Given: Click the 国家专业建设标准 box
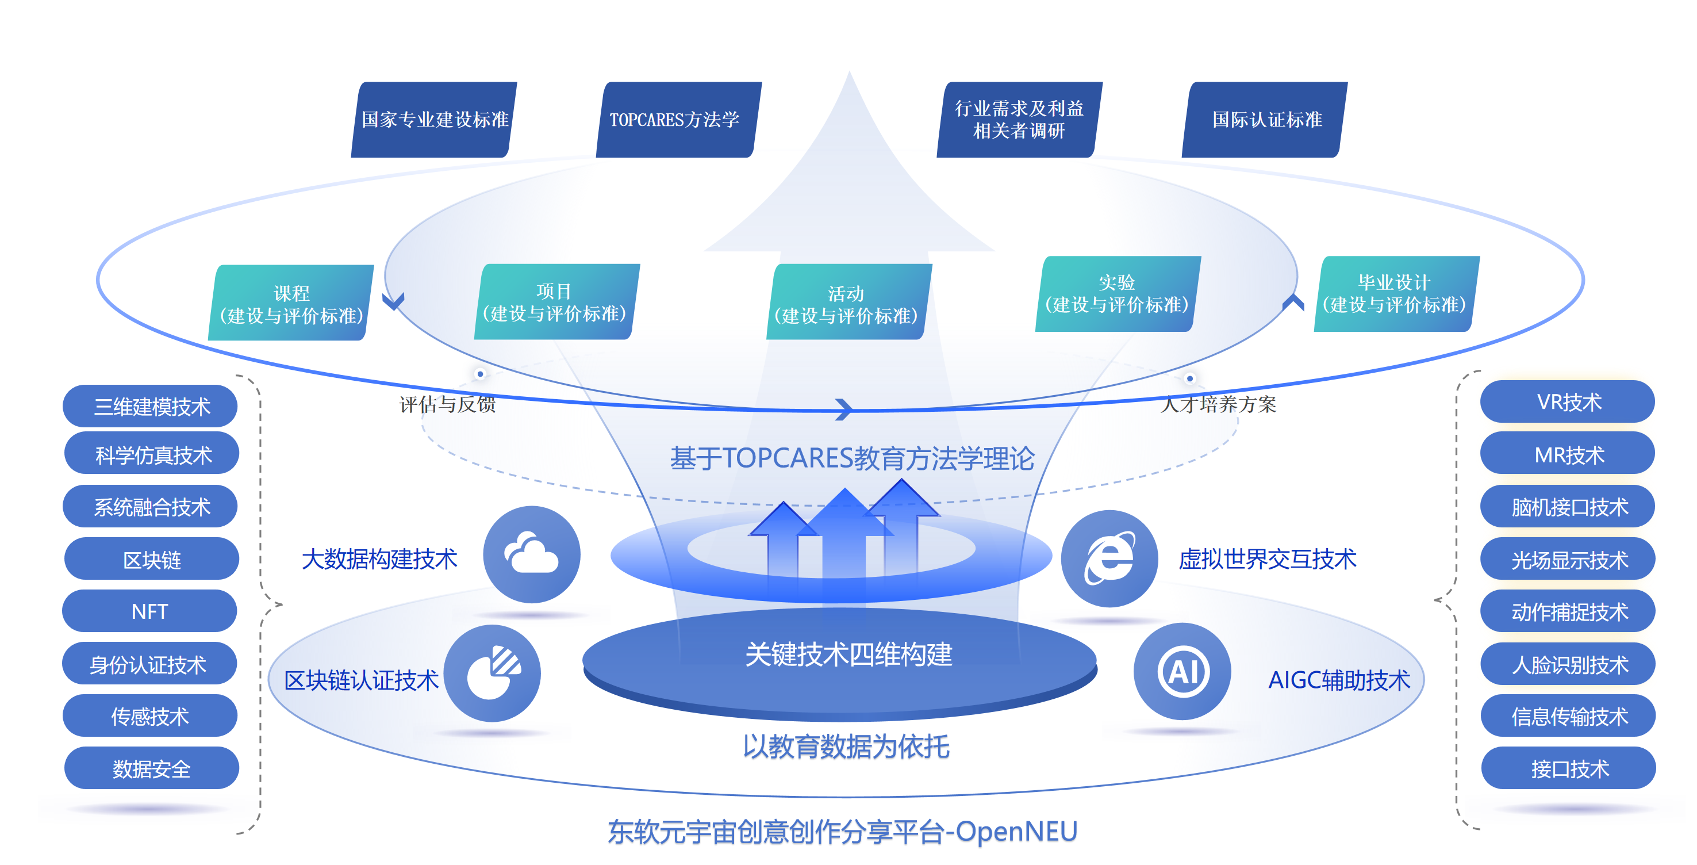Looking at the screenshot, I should (434, 119).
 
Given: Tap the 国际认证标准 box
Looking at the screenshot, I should (1265, 119).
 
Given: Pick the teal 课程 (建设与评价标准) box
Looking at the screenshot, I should (291, 303).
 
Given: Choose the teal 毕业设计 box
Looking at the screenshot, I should (1395, 294).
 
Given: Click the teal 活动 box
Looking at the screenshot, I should (848, 303).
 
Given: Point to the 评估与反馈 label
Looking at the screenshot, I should (447, 404).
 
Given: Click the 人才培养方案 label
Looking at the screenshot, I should (1218, 404).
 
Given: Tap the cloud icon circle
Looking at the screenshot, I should (531, 554).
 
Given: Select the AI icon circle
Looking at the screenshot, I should (1182, 672).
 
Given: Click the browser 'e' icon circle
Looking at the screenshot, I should (1109, 558).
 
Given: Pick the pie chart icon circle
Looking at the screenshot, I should (493, 673).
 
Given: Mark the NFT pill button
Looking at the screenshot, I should (149, 611).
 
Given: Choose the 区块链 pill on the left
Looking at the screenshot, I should (152, 559).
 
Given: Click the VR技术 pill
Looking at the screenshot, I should (1568, 401).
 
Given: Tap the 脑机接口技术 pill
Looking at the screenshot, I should (1568, 506).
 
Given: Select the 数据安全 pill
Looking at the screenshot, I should (152, 768).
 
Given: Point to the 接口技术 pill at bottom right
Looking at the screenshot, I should (1569, 768).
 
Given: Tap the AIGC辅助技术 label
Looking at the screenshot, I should (1339, 680).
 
